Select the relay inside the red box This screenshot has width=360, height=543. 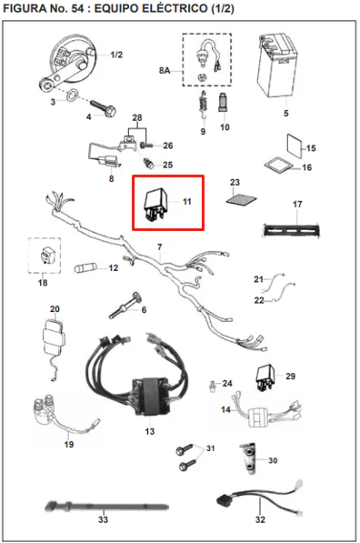(156, 205)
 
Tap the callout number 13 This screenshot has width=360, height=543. (150, 431)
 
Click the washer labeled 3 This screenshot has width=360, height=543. (73, 95)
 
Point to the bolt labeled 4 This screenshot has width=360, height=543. (103, 108)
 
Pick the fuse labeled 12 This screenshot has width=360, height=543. (85, 268)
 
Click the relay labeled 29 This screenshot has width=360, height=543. (265, 377)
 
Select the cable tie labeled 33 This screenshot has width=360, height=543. (106, 508)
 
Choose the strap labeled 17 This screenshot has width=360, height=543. (291, 229)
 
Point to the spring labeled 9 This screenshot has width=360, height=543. (204, 104)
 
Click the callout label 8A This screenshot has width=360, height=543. (165, 71)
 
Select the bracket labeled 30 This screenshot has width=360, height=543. (248, 458)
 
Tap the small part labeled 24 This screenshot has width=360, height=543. (212, 387)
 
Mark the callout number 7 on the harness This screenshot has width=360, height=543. (160, 247)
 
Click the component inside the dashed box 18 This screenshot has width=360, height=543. (45, 256)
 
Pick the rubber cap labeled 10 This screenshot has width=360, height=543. (223, 102)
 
